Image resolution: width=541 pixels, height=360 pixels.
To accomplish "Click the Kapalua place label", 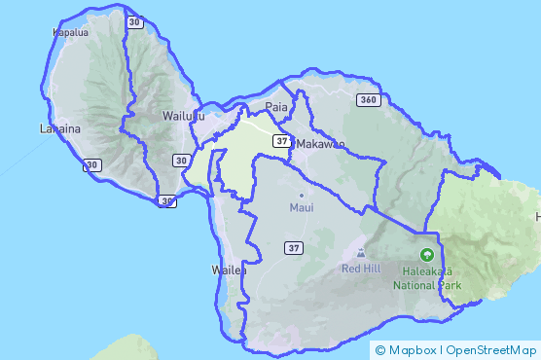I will [69, 32].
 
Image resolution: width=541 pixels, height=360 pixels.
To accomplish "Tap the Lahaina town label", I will [59, 128].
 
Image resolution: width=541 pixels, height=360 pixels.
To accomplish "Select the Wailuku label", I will [184, 116].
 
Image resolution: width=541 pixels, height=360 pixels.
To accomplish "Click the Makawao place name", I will [319, 144].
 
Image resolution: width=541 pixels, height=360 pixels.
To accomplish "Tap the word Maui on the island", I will [302, 208].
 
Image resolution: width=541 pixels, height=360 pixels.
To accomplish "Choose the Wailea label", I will [230, 270].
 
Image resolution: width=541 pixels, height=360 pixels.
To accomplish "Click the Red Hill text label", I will [361, 268].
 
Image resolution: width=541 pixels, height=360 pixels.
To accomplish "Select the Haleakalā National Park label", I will [427, 279].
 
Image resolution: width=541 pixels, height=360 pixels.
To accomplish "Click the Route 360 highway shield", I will [367, 100].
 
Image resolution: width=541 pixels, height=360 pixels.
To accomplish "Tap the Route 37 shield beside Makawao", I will [281, 141].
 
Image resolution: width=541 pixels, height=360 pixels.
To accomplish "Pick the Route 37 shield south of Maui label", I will [292, 249].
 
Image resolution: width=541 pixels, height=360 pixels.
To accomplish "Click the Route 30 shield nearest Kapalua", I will [134, 21].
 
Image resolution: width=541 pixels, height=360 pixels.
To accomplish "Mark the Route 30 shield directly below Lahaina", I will [92, 166].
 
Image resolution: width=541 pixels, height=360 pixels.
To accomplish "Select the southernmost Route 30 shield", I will [167, 201].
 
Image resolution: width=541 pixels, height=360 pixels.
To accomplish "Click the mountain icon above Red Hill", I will [362, 253].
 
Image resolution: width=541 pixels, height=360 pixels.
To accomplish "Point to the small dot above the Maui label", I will [302, 195].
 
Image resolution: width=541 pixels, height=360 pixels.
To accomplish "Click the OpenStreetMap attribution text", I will [491, 350].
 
